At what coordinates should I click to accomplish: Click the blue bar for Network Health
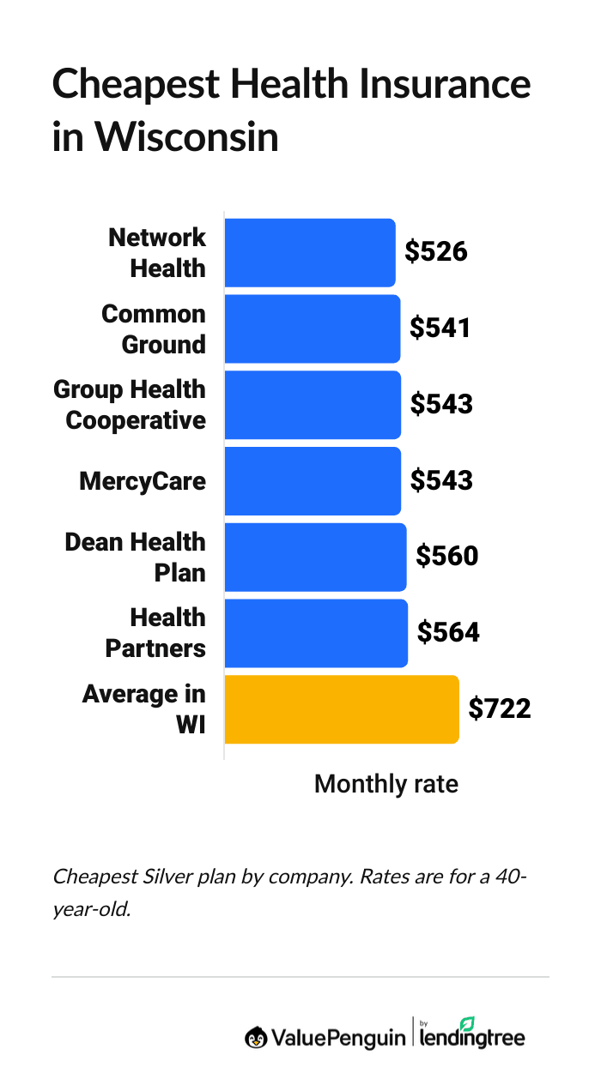(x=309, y=252)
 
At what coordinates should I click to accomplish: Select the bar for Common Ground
(x=312, y=329)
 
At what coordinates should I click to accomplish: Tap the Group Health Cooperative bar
(x=313, y=405)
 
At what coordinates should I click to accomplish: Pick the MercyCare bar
(x=313, y=481)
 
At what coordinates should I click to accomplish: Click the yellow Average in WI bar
(x=341, y=708)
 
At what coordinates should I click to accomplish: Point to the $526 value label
(x=436, y=252)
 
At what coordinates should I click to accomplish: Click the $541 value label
(x=440, y=329)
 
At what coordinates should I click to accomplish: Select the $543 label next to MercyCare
(x=441, y=481)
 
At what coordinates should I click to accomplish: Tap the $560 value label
(x=446, y=557)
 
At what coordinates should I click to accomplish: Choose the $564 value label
(x=448, y=633)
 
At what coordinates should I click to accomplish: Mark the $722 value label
(x=500, y=708)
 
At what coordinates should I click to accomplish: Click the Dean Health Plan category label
(x=136, y=557)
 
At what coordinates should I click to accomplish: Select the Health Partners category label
(x=155, y=633)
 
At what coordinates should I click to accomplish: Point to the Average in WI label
(x=144, y=708)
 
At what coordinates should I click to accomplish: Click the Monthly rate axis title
(x=385, y=784)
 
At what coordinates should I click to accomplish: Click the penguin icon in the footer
(x=255, y=1037)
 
